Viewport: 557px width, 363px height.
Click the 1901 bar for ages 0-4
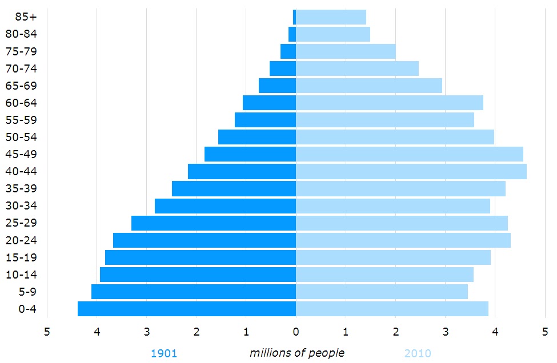point(187,309)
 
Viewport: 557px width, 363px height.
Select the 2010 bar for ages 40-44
point(411,171)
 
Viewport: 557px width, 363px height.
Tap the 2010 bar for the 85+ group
point(331,17)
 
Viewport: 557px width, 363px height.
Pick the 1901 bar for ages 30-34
point(225,206)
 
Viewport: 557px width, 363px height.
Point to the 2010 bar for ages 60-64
point(390,103)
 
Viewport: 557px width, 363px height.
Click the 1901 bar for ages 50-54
point(257,137)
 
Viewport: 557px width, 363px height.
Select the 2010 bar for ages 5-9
point(382,292)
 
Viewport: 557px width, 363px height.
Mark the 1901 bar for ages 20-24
point(205,240)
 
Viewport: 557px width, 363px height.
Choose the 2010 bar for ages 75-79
point(346,51)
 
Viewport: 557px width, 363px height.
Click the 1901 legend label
point(164,353)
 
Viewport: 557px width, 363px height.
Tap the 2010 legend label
point(418,353)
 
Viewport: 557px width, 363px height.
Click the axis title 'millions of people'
point(297,353)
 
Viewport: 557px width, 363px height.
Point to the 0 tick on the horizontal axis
point(296,331)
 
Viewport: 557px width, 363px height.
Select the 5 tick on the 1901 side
point(47,331)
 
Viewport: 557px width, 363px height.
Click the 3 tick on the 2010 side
point(445,331)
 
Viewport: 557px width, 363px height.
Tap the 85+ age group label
point(26,17)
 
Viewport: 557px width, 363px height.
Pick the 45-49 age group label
point(21,154)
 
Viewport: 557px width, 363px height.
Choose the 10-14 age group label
point(21,275)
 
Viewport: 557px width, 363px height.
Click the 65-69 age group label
point(21,86)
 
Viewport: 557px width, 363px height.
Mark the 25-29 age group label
point(21,223)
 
